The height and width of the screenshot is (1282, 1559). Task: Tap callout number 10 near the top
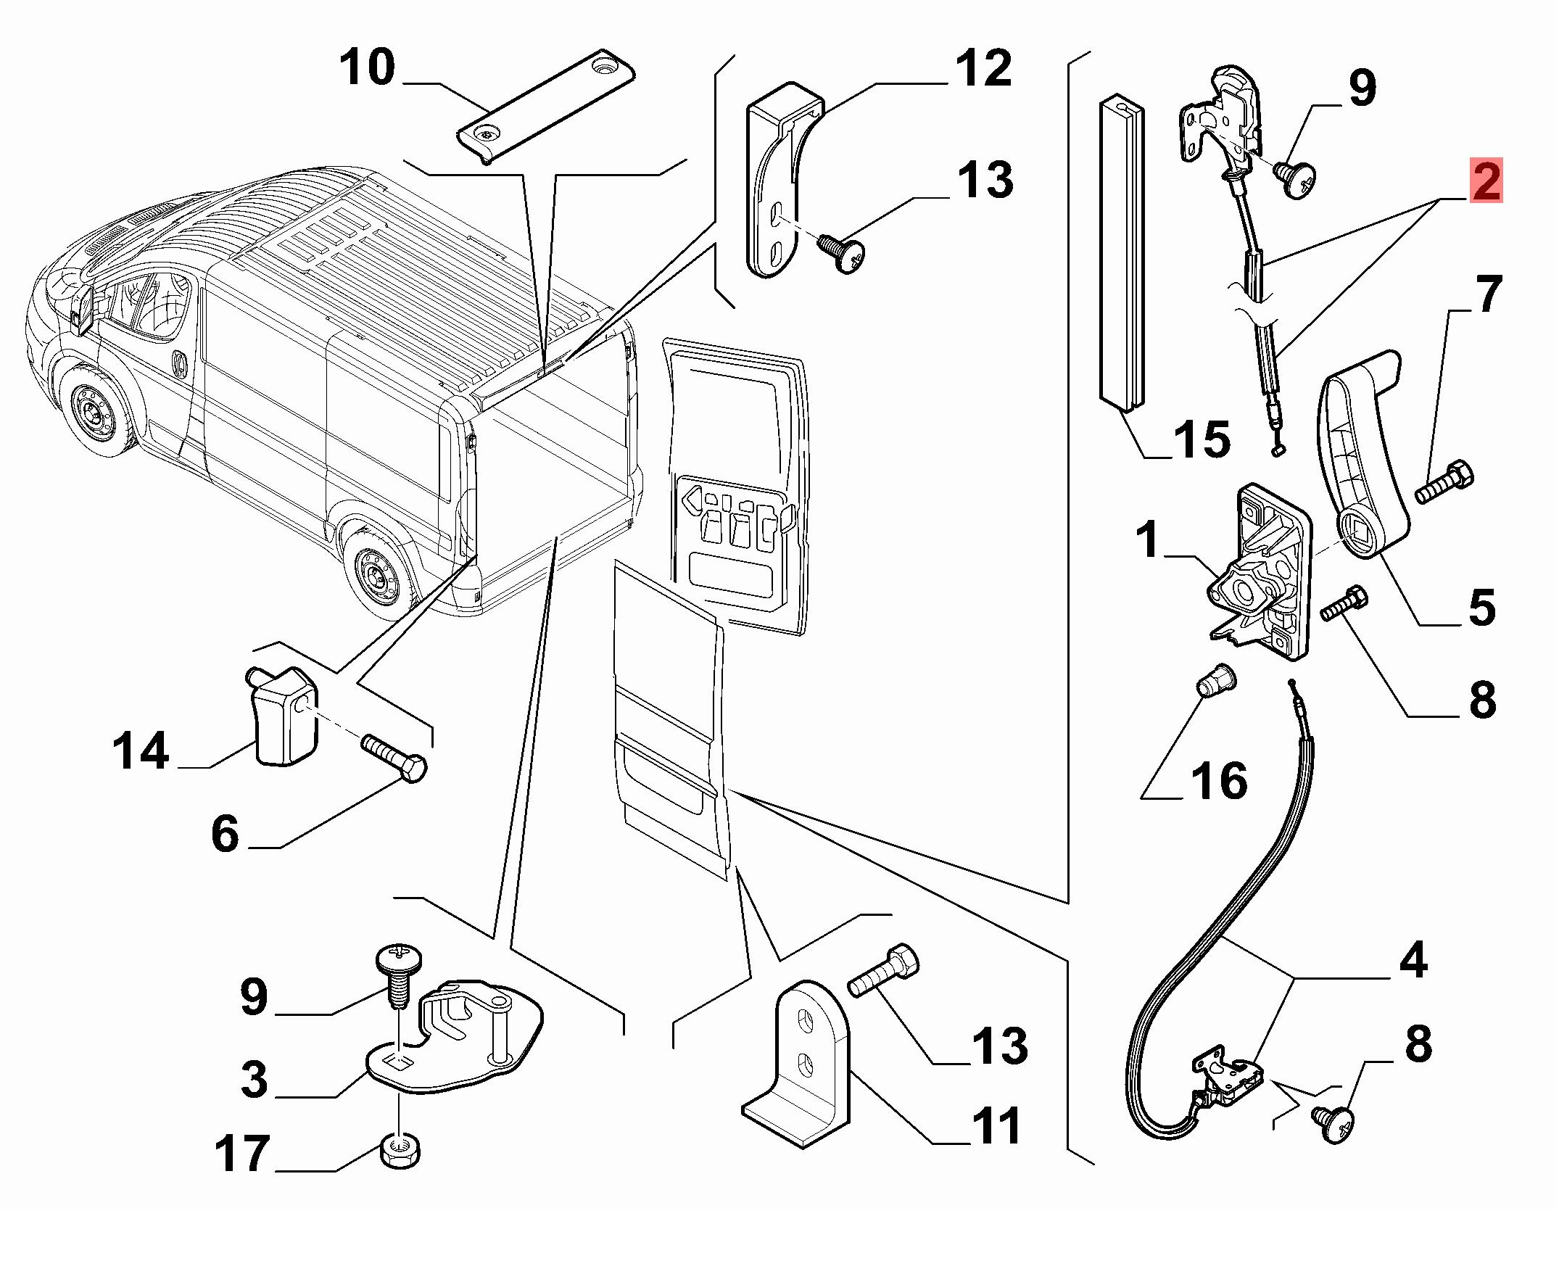pos(368,69)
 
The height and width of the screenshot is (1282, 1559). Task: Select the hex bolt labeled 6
pos(394,756)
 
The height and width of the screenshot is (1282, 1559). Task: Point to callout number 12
pos(983,69)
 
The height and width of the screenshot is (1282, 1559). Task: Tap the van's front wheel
pos(94,413)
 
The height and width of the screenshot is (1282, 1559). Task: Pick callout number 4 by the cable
pos(1413,962)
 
